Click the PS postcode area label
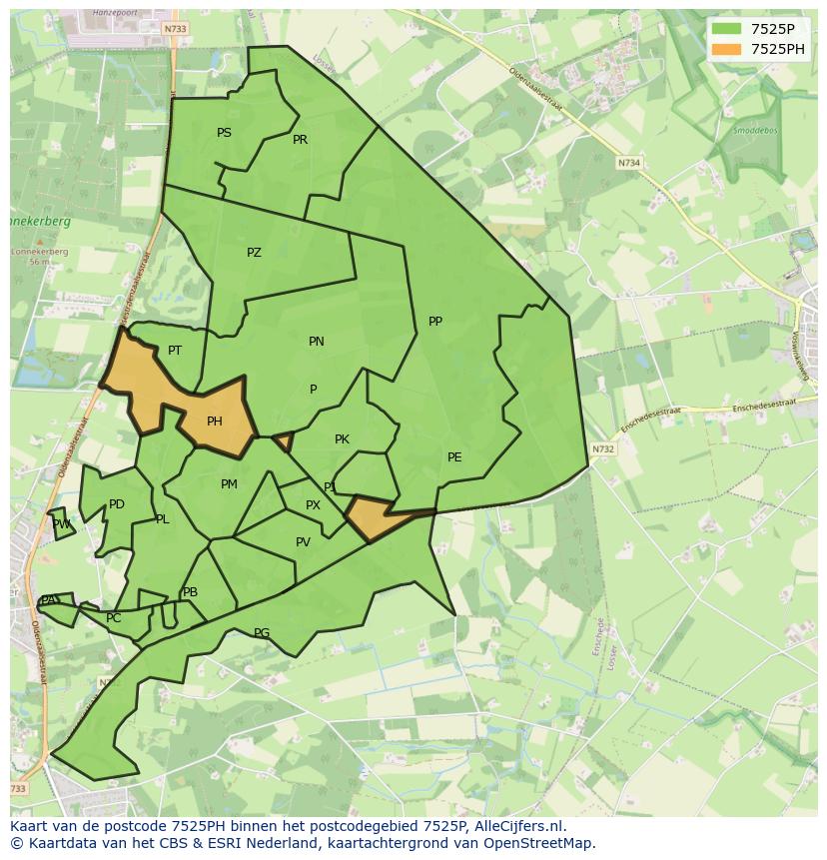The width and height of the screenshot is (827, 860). point(224,133)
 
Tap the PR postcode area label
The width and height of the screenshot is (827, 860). point(300,140)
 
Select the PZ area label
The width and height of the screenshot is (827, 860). point(254,253)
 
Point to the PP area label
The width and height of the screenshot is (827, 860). point(435,322)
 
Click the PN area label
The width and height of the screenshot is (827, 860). point(317,342)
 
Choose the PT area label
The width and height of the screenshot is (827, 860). point(175,351)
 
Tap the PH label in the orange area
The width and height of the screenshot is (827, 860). point(215,422)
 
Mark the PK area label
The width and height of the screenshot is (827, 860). point(342,439)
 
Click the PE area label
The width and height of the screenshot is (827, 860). point(454,457)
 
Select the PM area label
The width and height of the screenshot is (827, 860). point(229,484)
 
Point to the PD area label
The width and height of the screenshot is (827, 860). point(117,504)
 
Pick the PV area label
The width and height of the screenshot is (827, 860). point(303,542)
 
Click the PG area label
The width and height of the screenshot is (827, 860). point(262,633)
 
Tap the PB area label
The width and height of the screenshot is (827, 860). point(190,592)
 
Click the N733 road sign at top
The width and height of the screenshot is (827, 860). point(174,29)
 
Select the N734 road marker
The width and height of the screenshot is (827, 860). point(628,162)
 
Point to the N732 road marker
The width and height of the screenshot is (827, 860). point(602,449)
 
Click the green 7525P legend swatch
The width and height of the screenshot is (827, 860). point(726,29)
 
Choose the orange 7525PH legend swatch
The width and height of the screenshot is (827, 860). point(726,49)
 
